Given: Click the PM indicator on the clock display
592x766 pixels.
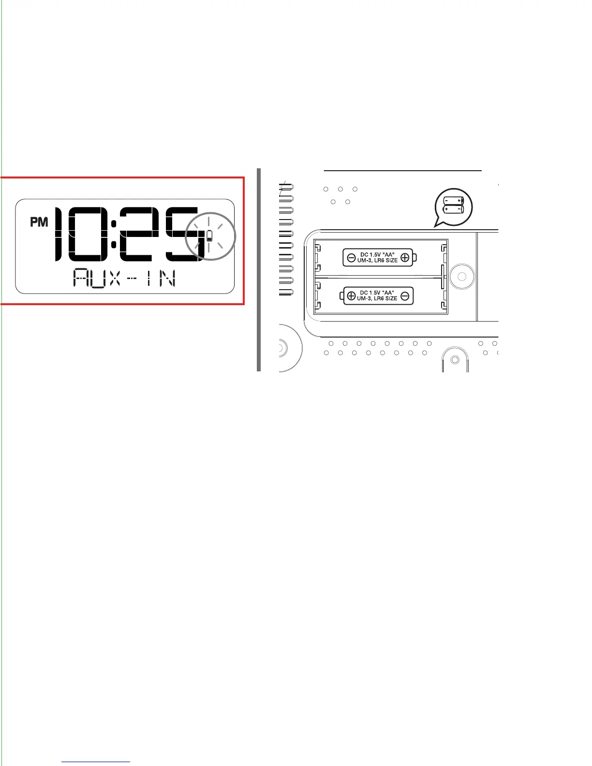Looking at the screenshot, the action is tap(39, 222).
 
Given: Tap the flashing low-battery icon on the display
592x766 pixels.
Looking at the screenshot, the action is tap(209, 236).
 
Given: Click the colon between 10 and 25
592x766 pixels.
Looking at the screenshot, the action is tap(113, 234).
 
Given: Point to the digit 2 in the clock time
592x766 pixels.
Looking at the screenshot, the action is tap(136, 234).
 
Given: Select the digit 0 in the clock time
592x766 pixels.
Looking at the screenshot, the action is tap(85, 234).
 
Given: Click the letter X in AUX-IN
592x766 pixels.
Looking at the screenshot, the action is tap(114, 279).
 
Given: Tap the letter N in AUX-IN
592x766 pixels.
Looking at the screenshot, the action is tap(167, 279).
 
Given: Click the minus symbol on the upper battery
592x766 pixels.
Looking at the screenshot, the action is tap(352, 258).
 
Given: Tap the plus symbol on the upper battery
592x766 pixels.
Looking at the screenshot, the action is tap(405, 258).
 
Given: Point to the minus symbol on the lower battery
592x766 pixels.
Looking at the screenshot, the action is tap(405, 296).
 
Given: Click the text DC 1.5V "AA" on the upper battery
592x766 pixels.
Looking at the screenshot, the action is tap(377, 255).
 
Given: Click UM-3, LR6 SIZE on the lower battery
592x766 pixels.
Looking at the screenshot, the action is tap(377, 299).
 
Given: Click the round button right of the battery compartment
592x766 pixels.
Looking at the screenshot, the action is tap(462, 277).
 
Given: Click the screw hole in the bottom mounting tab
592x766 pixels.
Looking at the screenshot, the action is tap(455, 360).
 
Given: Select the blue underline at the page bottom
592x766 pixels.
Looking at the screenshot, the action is tap(96, 762).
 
